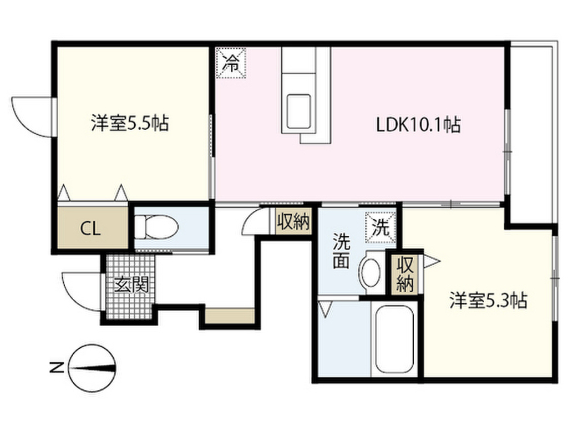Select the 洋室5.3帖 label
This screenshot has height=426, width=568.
pos(488,301)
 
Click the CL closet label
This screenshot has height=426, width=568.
pos(91,228)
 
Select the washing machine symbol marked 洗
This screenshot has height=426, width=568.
pos(381,227)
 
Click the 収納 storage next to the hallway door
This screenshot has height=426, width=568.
pos(293,222)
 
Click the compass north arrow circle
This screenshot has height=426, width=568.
pos(93,367)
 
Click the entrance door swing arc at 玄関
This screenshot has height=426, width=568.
pos(80,291)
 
